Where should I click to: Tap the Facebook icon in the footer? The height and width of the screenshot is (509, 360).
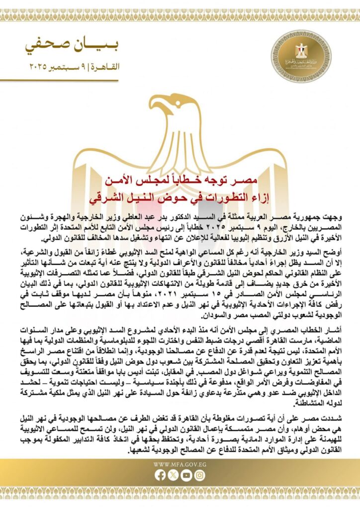point(160,475)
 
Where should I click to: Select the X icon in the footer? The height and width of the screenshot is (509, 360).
point(173,475)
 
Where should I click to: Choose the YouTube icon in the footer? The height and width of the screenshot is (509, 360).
point(186,475)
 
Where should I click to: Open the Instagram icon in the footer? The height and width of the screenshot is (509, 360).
point(199,475)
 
